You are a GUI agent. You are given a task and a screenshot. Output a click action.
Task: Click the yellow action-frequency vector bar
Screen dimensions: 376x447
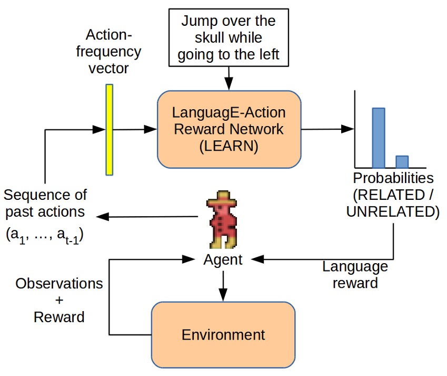click(110, 129)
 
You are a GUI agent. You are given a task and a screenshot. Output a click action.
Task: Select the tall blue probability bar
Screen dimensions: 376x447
click(379, 137)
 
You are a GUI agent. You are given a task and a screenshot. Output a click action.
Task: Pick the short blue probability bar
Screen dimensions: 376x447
click(402, 161)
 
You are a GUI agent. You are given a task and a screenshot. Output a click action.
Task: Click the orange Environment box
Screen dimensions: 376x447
click(223, 334)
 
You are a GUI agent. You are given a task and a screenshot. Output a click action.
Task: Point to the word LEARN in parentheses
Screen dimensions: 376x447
click(229, 147)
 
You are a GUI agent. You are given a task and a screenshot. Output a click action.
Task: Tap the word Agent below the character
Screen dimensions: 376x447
click(223, 259)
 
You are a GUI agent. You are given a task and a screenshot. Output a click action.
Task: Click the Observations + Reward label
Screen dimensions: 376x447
click(59, 300)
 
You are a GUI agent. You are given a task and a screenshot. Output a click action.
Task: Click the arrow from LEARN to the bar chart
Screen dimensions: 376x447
click(326, 129)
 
